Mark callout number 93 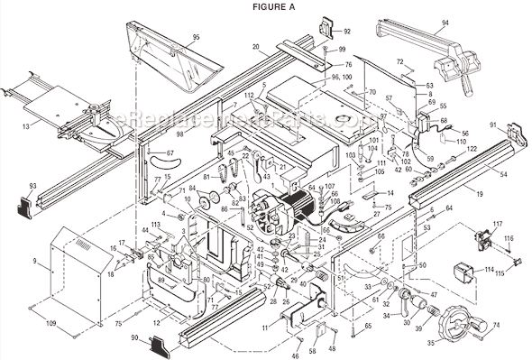[x=32, y=185]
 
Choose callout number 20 [x=256, y=46]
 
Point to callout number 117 [x=497, y=223]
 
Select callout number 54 [x=503, y=173]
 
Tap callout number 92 [x=348, y=31]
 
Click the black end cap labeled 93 [x=31, y=204]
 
